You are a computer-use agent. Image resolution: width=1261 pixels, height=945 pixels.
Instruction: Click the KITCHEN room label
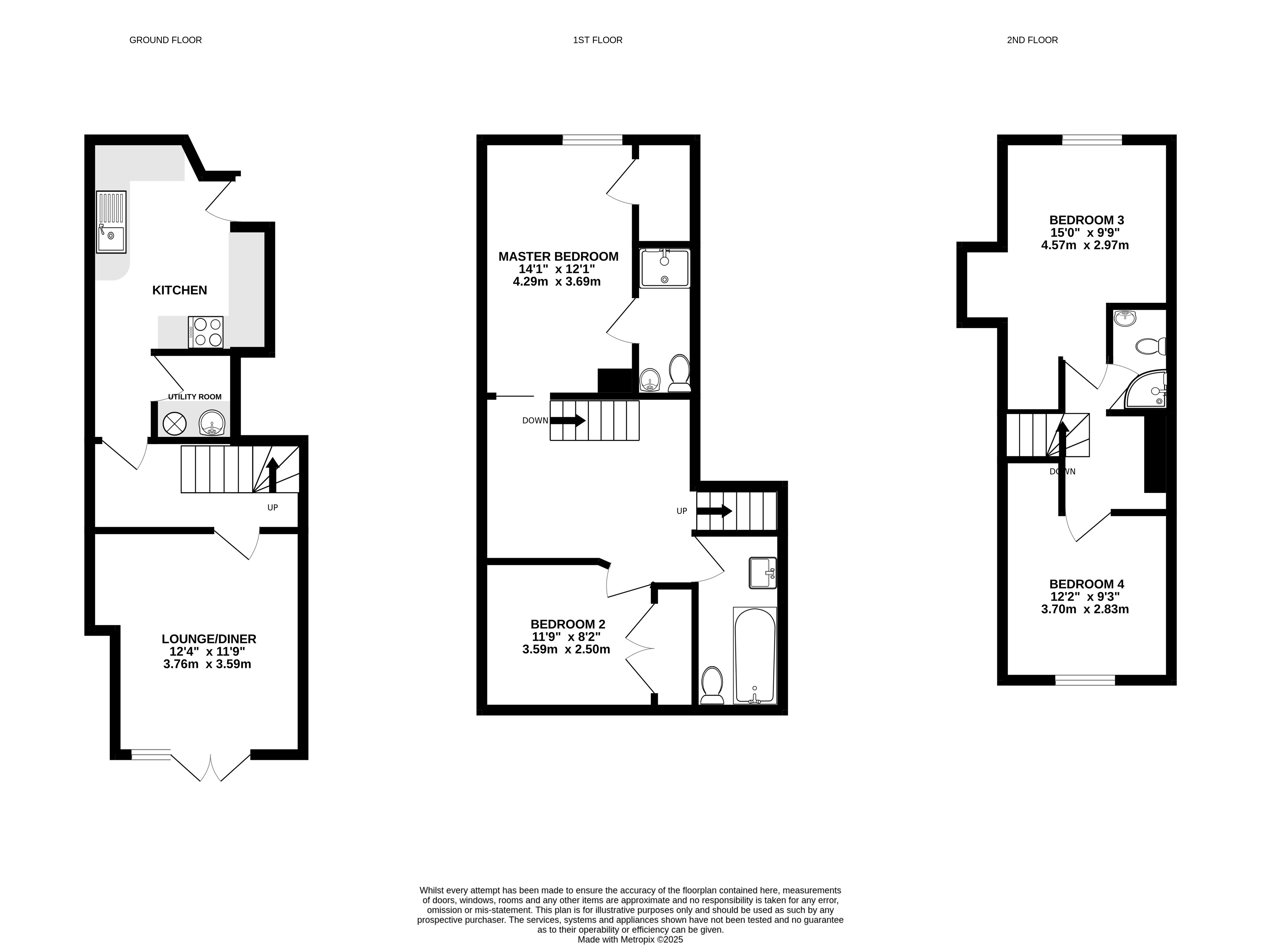[179, 290]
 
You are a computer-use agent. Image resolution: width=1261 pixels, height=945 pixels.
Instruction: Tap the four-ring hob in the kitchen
[206, 332]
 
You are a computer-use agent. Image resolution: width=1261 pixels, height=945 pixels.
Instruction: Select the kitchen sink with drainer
[111, 222]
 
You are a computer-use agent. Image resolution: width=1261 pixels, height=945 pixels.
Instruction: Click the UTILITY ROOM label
[195, 397]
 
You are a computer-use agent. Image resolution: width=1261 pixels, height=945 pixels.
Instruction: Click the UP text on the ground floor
[273, 507]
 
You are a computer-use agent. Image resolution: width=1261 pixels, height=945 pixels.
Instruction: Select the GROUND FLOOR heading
[165, 40]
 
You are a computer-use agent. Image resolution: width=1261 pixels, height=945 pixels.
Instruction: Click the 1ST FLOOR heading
[598, 40]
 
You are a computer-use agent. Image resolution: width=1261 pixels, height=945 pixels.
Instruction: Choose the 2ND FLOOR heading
[1032, 40]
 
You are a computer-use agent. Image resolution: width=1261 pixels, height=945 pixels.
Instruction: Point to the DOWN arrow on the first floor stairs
[568, 421]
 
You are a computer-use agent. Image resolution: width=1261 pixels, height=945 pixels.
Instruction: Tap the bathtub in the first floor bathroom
[755, 656]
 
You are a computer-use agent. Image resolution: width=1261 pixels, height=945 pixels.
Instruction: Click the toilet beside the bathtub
[712, 685]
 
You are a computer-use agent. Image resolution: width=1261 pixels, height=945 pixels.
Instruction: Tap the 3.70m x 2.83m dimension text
[1085, 609]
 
